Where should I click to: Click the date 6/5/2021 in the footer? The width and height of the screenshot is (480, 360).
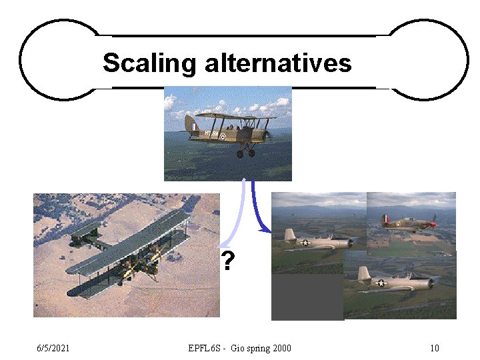(x=54, y=348)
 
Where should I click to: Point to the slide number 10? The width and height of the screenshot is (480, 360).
(x=435, y=348)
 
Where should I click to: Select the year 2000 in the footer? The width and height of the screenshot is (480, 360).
(x=281, y=348)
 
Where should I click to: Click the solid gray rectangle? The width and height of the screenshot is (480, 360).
(x=307, y=297)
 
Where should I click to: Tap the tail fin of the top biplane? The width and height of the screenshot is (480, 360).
(x=191, y=124)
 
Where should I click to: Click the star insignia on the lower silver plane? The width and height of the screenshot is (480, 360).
(x=381, y=283)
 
